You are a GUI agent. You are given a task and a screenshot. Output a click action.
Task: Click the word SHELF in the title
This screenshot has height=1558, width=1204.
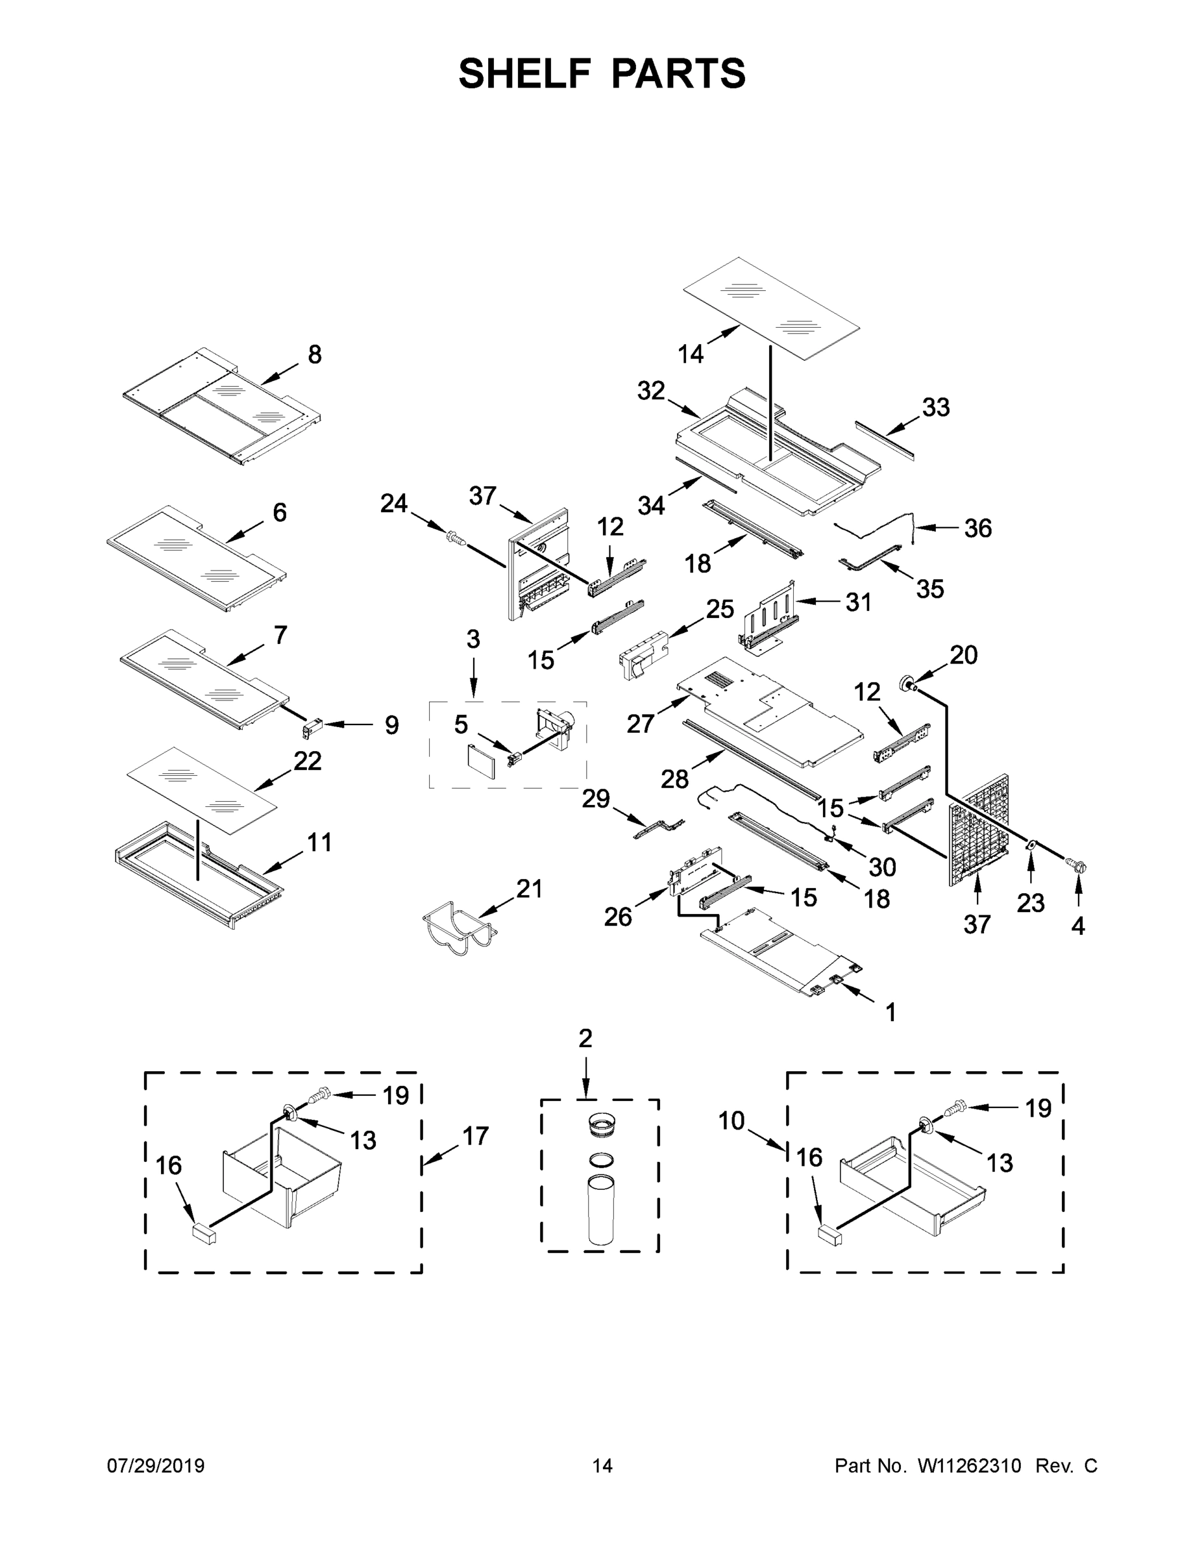point(525,74)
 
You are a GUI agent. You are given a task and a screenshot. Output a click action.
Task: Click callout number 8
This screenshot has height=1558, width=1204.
point(315,354)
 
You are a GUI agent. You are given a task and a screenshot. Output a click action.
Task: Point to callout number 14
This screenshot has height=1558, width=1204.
point(691,353)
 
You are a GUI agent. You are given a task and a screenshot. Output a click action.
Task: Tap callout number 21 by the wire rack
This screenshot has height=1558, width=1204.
point(529,889)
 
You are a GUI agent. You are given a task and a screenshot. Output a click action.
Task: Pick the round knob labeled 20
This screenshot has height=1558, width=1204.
point(910,684)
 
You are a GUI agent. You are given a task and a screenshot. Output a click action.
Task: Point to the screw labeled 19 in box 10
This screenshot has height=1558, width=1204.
point(953,1109)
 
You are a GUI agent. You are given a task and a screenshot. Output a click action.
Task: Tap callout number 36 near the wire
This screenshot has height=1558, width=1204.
point(978,528)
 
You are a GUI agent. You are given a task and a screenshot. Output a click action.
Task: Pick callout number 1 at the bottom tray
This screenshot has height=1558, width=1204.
point(890,1011)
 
